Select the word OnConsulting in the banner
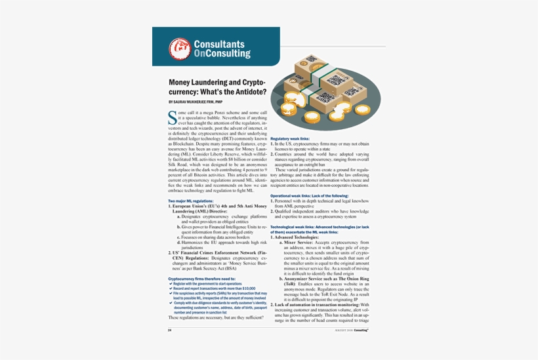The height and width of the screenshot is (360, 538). click(222, 54)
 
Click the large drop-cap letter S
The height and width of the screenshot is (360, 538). click(173, 117)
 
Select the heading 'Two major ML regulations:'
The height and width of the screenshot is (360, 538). click(191, 200)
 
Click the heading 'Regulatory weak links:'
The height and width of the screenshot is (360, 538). click(290, 139)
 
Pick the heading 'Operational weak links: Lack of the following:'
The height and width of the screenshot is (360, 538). click(309, 196)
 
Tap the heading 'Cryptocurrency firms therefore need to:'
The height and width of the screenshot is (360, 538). click(201, 279)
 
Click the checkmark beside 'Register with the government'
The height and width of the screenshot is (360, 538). click(171, 283)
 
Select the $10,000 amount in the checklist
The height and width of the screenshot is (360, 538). click(247, 289)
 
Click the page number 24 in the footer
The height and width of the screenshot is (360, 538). click(170, 330)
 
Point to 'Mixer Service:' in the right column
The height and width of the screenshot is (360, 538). click(296, 242)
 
